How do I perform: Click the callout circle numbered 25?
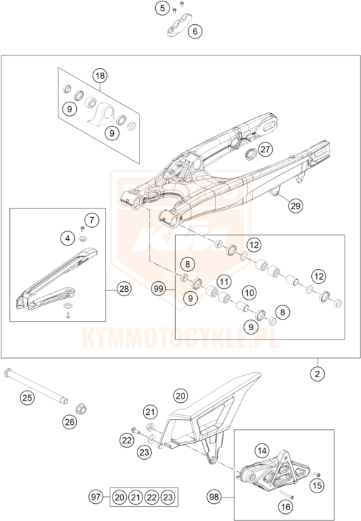pos(27,397)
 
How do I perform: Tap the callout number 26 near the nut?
pos(70,422)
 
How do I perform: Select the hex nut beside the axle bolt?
pos(80,409)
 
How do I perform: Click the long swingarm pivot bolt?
pos(36,387)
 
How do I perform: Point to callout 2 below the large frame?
pos(318,374)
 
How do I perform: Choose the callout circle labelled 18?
pos(100,75)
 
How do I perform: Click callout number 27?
pos(265,149)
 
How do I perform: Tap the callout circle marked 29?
pos(295,206)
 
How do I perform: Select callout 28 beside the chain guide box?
pos(124,289)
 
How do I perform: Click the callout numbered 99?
pos(159,289)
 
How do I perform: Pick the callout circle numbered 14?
pos(262,451)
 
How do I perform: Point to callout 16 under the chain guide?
pos(286,507)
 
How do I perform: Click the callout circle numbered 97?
pos(95,497)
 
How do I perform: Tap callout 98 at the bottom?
pos(214,497)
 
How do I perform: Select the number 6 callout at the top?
pos(195,31)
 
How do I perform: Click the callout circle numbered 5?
pos(162,8)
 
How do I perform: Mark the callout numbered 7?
pos(92,220)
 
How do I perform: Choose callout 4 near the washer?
pos(68,238)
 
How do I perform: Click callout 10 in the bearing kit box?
pos(249,293)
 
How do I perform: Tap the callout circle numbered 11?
pos(224,282)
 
